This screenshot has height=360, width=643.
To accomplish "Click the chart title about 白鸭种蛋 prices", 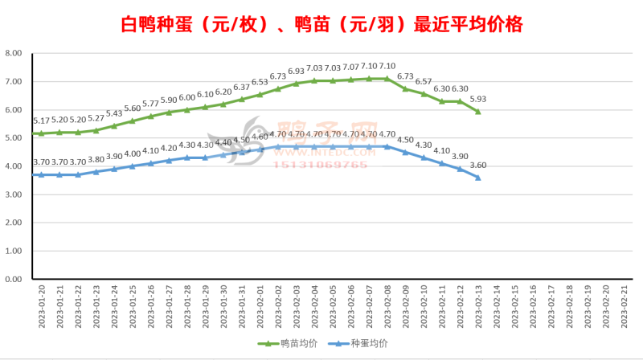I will pyautogui.click(x=321, y=25).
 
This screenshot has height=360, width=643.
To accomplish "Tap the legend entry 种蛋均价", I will pyautogui.click(x=357, y=343).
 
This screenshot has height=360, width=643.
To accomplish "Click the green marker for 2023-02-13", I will pyautogui.click(x=478, y=112).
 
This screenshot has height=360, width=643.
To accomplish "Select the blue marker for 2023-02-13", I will pyautogui.click(x=478, y=178).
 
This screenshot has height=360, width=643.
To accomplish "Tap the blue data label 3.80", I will pyautogui.click(x=96, y=160).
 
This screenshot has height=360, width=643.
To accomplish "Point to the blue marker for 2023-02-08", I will pyautogui.click(x=387, y=146).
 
